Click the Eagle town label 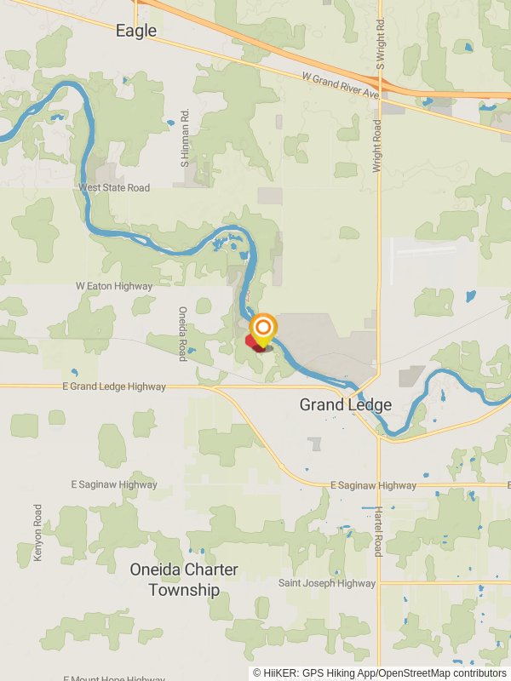pos(136,31)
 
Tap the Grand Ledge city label pos(346,405)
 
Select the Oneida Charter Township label pos(184,580)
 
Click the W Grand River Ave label pos(340,86)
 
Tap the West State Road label pos(113,188)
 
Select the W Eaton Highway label pos(114,287)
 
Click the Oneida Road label pos(182,334)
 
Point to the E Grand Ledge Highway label pos(113,386)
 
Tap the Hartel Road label pos(378,531)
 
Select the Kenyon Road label pos(38,532)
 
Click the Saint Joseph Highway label pos(327,583)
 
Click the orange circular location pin pos(263,328)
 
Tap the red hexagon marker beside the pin pos(254,342)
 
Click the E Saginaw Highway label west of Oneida pos(114,484)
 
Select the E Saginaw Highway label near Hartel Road pos(373,485)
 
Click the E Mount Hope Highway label pos(114,678)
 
